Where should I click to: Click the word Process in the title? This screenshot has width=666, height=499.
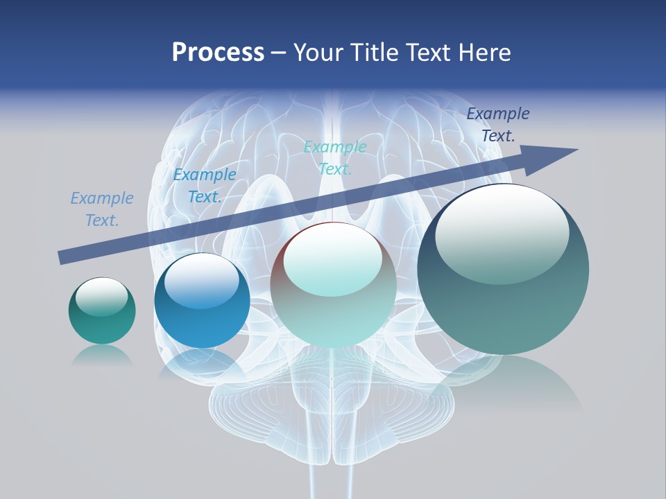coord(218,53)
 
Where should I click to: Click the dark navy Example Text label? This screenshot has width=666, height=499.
coord(497,125)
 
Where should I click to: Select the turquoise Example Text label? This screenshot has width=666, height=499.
coord(335,158)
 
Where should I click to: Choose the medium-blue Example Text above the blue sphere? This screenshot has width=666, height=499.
coord(205,186)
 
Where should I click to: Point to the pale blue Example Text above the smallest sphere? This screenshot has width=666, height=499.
coord(102,209)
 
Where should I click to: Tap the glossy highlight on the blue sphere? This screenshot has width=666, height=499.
coord(201,281)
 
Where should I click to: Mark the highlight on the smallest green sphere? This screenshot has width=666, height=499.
coord(101,297)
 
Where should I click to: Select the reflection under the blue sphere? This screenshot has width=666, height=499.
coord(201,363)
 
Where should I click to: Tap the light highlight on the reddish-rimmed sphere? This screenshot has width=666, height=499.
coord(333,260)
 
